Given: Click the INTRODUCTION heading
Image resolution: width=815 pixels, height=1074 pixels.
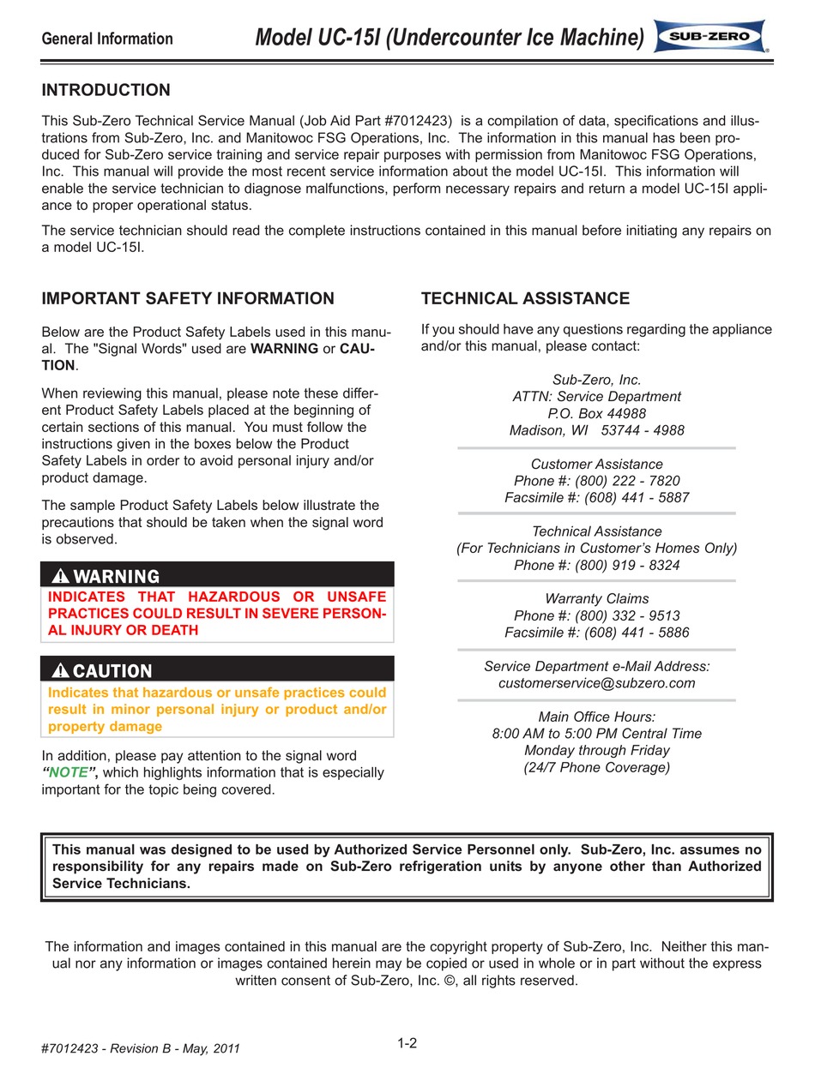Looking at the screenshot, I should (x=106, y=90).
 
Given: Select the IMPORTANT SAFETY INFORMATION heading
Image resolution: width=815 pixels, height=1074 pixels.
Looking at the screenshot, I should (x=188, y=298).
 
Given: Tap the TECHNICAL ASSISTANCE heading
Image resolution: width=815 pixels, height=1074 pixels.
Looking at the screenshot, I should (x=525, y=298).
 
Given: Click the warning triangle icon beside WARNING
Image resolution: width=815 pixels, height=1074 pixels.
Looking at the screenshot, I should (x=60, y=576).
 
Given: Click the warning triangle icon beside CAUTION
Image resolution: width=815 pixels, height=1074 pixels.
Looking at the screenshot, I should (x=60, y=670).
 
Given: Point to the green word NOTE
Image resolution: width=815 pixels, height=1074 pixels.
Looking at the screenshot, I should (x=69, y=772).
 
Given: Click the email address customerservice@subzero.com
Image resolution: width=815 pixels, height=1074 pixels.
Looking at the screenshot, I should (x=596, y=683).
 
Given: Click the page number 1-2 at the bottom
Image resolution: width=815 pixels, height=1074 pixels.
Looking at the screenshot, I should (x=407, y=1043).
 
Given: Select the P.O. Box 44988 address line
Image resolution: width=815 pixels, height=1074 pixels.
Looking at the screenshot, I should (x=596, y=413).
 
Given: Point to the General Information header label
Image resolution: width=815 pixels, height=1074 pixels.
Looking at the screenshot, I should (x=107, y=39).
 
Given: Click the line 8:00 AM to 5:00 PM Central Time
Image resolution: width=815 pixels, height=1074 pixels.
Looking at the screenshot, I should (x=596, y=734).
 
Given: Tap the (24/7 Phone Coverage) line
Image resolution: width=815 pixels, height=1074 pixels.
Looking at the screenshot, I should (x=596, y=767).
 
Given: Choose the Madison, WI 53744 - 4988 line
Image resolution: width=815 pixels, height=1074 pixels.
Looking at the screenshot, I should (x=596, y=430).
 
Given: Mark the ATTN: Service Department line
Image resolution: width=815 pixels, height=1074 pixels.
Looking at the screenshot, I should (x=596, y=396).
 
